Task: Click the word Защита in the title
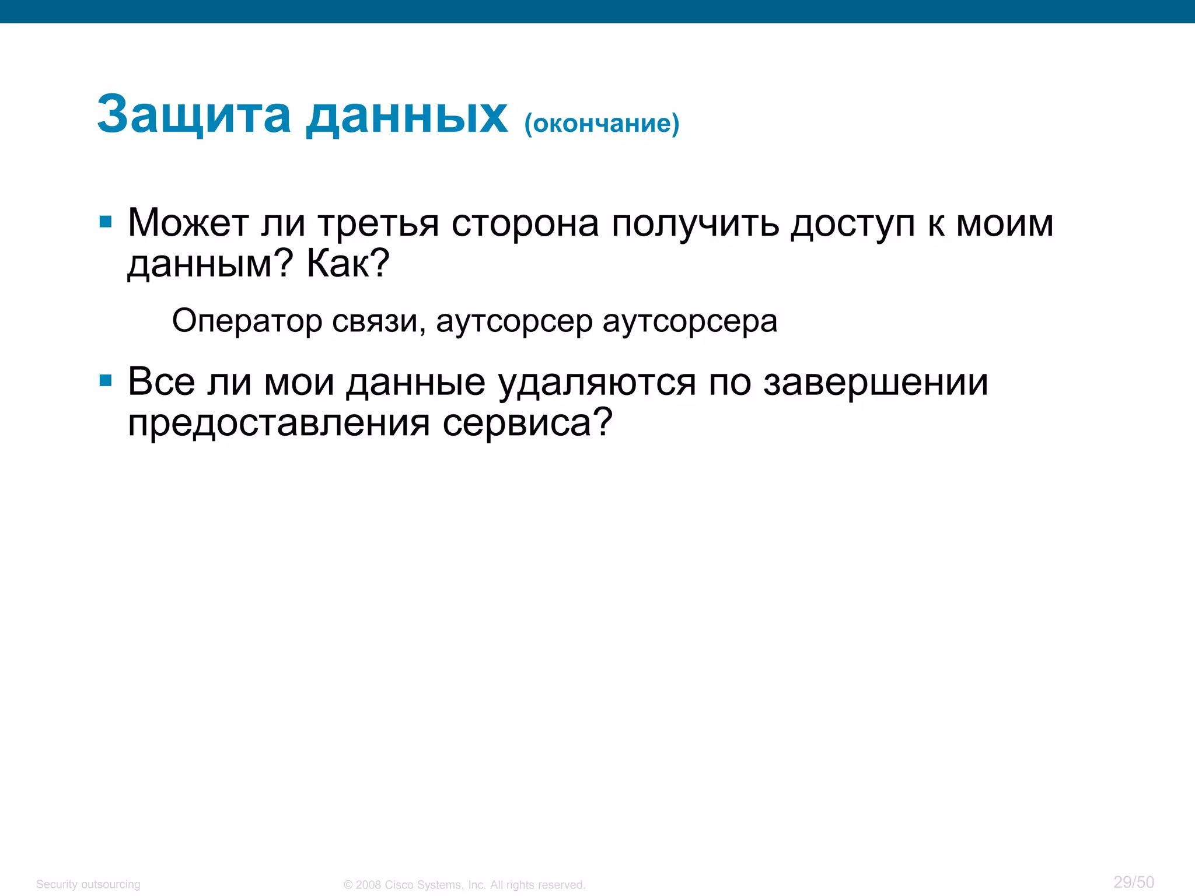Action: point(194,115)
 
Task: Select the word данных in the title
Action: point(407,115)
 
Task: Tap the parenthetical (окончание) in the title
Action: point(602,123)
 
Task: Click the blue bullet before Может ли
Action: point(106,222)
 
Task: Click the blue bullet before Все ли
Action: point(106,381)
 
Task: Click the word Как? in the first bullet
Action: point(348,264)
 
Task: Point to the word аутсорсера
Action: point(690,321)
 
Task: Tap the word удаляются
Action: point(597,383)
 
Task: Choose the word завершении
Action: point(876,383)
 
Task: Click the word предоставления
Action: point(279,422)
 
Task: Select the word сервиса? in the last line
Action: point(527,422)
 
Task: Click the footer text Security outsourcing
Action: point(88,884)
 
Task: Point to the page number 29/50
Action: point(1133,881)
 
